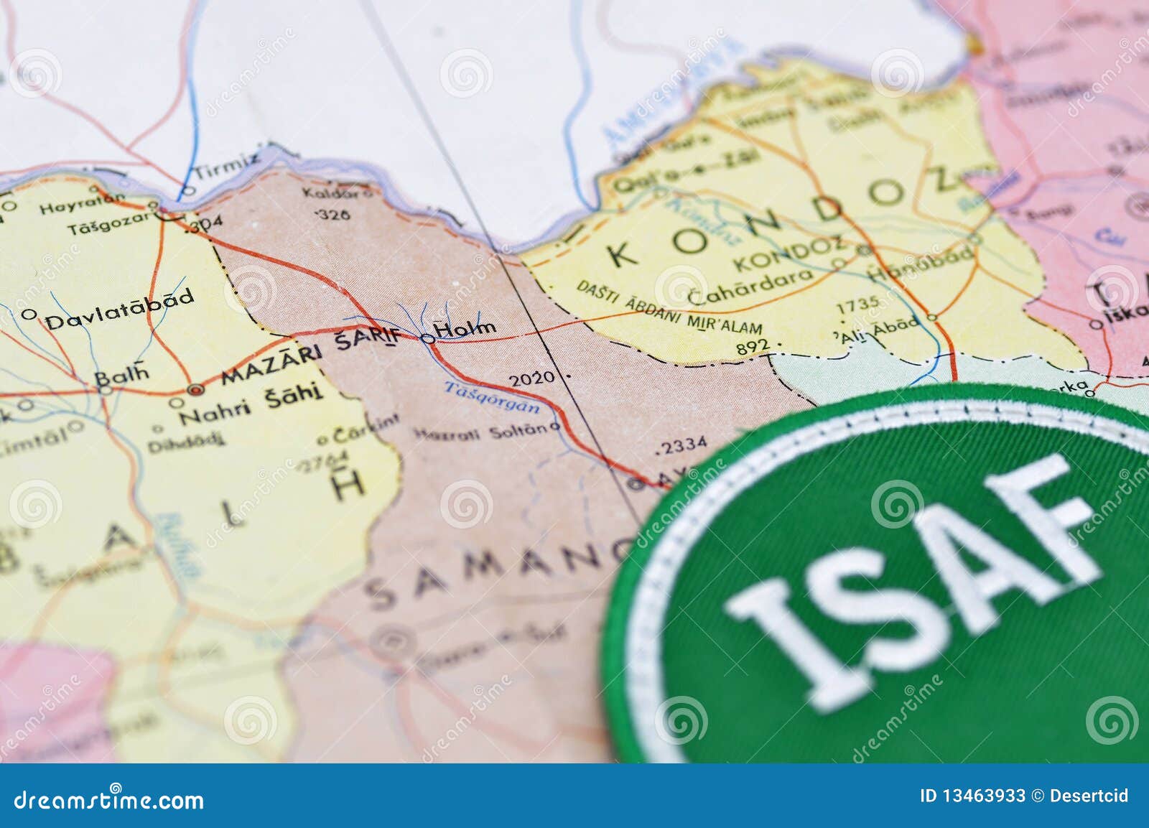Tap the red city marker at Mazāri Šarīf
coord(195,389)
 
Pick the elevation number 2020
coord(531,378)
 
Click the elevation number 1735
coord(857,305)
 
